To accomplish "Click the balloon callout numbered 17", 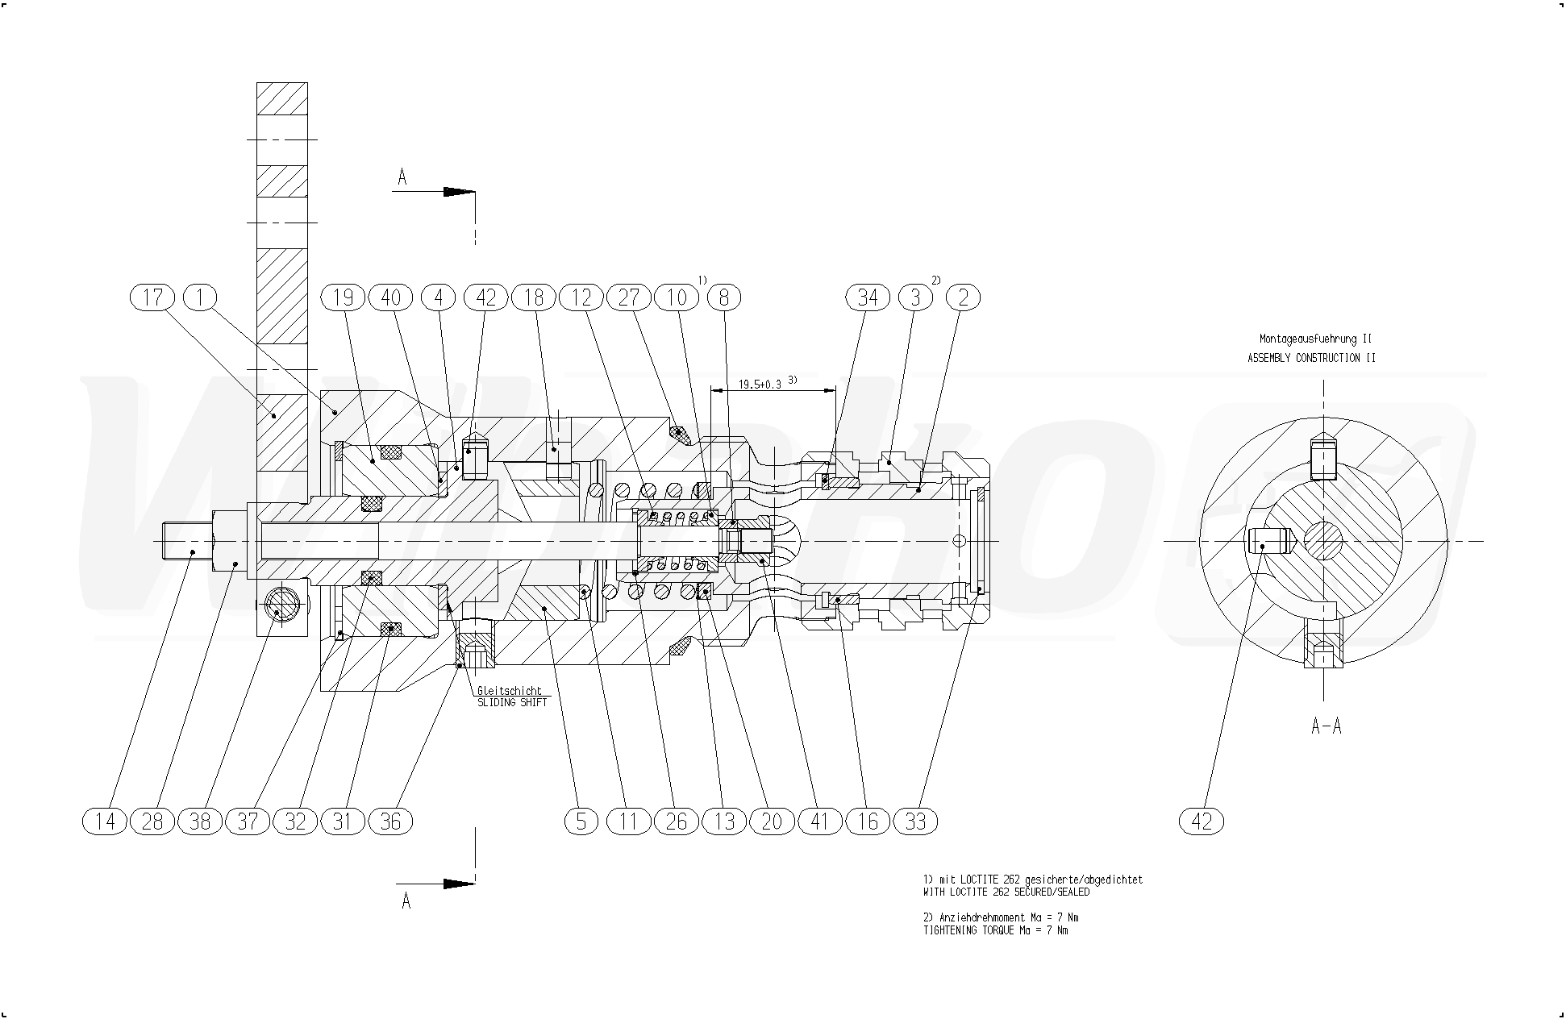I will (152, 297).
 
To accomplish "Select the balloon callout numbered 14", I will (105, 821).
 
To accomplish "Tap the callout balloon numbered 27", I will (629, 297).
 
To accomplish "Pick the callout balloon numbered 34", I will (867, 297).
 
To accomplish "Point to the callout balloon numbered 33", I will (915, 821).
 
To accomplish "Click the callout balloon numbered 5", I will (581, 821).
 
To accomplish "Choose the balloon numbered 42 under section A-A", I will (1202, 821).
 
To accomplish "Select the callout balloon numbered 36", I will (390, 821).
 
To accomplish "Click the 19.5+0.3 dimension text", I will (760, 385).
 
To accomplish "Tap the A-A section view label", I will (1327, 726).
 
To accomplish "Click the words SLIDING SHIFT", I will (512, 703).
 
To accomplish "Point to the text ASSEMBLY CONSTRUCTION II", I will (1311, 358).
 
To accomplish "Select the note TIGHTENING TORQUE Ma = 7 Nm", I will (995, 930).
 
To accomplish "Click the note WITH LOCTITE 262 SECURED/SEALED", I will (1006, 892).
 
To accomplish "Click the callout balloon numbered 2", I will (963, 297).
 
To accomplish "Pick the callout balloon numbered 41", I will (819, 821).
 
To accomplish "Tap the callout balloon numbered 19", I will (344, 297).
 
